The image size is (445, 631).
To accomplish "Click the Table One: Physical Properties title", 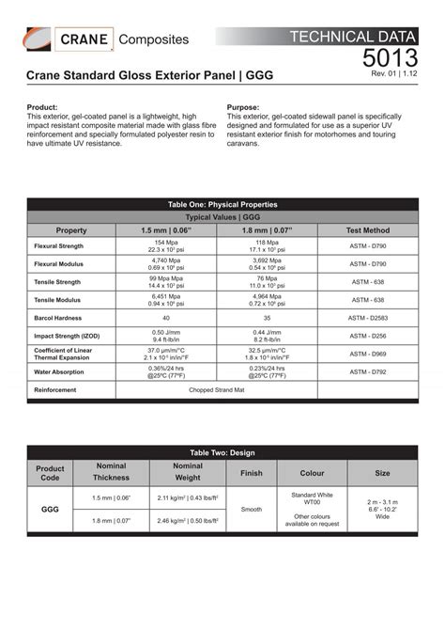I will [x=222, y=204].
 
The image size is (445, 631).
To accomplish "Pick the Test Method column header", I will [x=368, y=229].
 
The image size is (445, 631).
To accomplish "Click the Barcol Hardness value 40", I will [x=166, y=318].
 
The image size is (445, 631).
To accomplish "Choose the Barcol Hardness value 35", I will [x=267, y=318].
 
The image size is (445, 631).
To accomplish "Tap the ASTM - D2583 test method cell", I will [x=368, y=318].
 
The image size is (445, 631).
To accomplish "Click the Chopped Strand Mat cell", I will [x=216, y=388].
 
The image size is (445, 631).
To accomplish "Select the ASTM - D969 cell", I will [x=368, y=354].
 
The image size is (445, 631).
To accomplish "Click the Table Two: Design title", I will [x=222, y=452].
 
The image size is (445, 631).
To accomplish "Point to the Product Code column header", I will [x=51, y=474].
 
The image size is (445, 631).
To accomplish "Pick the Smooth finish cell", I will [x=252, y=509].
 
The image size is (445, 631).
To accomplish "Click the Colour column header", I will [x=312, y=473].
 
